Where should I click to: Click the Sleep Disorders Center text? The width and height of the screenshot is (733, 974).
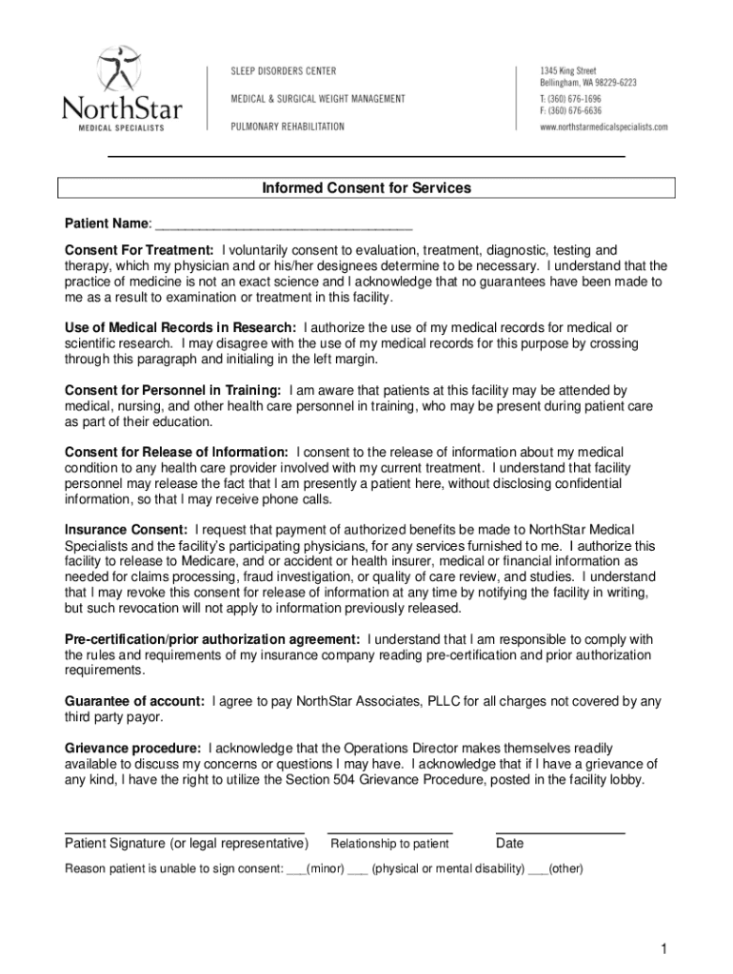click(285, 72)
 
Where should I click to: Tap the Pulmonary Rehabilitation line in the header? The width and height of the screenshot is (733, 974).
click(288, 127)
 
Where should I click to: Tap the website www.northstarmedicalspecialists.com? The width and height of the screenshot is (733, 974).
click(604, 127)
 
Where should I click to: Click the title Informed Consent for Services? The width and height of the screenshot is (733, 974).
click(366, 188)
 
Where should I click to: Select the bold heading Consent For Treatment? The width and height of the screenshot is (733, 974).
click(139, 250)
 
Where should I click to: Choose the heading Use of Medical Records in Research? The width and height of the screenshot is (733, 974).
click(180, 327)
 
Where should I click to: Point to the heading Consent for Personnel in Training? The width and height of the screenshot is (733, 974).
click(172, 390)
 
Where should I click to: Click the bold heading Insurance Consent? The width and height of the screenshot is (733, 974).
click(126, 529)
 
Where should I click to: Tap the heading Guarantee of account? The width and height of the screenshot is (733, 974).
click(134, 701)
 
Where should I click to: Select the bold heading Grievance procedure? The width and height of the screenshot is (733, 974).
click(132, 748)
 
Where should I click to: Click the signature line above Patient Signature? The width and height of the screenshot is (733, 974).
click(185, 831)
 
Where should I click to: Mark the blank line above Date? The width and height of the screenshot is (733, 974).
click(560, 831)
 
